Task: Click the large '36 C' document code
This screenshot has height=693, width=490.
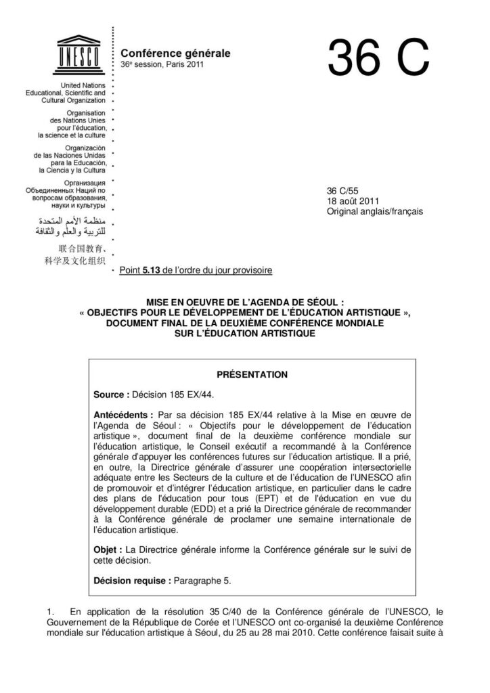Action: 378,58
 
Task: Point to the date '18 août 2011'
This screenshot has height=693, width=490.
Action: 353,201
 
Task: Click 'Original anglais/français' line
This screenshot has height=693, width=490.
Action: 374,211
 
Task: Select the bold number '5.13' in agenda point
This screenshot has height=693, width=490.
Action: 151,271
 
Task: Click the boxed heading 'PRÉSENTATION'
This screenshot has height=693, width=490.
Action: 251,374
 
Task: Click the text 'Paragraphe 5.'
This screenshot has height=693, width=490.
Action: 202,581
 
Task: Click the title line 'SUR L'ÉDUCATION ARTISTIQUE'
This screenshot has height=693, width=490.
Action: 244,332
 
